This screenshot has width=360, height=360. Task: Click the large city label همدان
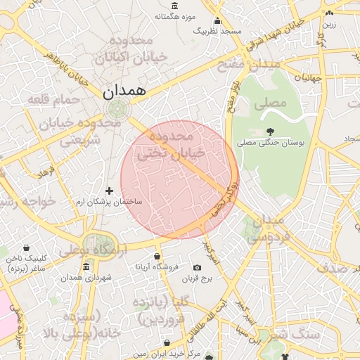coord(123,91)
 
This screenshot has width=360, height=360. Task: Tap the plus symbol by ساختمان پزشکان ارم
coord(109,191)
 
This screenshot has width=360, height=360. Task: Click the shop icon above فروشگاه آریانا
coord(156,256)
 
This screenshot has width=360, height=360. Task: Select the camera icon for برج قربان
coord(197,268)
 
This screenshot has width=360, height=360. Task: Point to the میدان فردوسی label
coord(266,229)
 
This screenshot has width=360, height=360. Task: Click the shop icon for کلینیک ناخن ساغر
coord(26,248)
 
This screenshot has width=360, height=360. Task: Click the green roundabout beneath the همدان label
coord(117,109)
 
